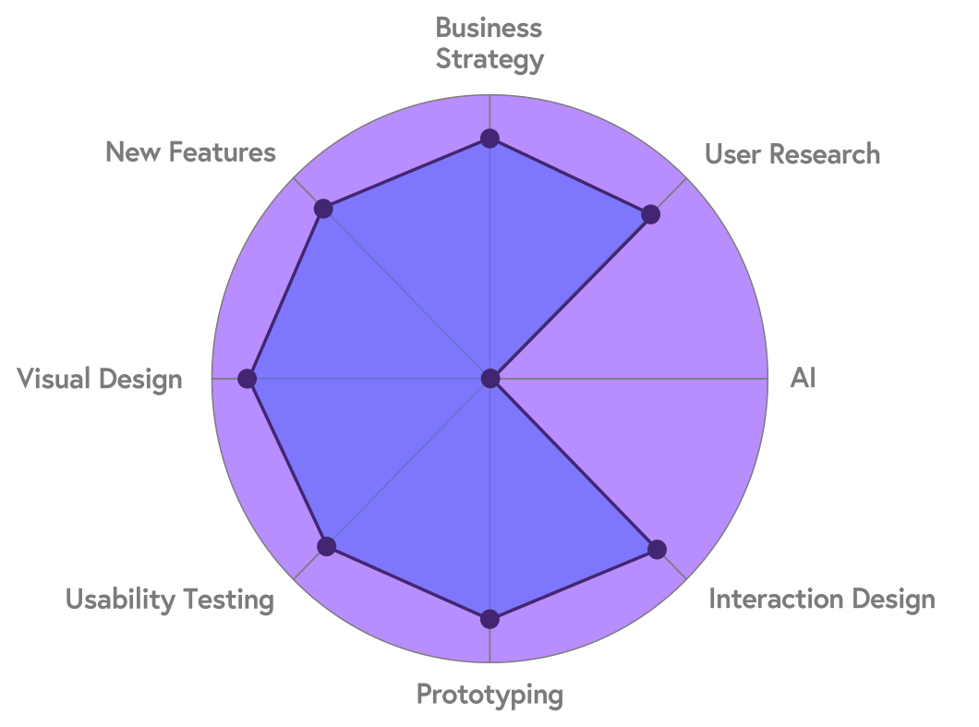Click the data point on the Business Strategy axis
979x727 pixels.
489,139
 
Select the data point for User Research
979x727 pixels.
651,215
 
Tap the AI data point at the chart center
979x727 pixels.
490,379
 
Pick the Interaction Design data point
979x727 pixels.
657,550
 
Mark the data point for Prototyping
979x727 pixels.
490,619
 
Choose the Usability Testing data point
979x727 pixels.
326,546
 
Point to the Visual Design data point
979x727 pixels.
247,379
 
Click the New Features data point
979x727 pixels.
322,209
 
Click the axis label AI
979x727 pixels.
803,379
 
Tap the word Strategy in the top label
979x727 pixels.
489,60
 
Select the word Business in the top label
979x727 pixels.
489,28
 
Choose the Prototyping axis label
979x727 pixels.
489,694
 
